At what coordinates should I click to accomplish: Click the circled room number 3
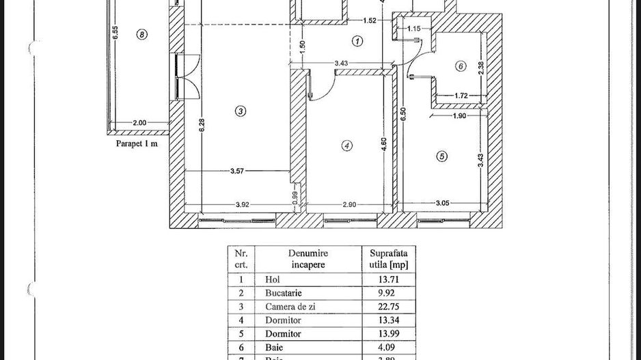(x=239, y=111)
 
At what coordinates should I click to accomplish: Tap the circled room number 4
(x=347, y=146)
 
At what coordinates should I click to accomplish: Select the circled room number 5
(x=442, y=156)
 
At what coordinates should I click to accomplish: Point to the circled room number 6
(x=460, y=66)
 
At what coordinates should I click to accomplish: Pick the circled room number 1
(x=357, y=41)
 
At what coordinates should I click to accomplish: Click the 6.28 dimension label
(x=202, y=127)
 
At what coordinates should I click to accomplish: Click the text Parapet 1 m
(x=137, y=143)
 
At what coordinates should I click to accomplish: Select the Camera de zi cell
(x=286, y=306)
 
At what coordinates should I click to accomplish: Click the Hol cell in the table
(x=272, y=279)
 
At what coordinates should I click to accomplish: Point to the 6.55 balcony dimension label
(x=116, y=33)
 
